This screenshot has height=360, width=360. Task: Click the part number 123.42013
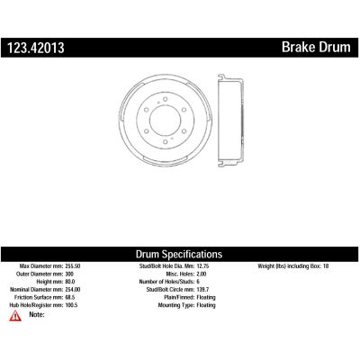[36, 48]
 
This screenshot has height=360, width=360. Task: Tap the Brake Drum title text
[316, 47]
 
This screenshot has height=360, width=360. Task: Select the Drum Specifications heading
[179, 254]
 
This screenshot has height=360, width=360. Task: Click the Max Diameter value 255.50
[73, 266]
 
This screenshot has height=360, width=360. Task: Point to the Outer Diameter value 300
[69, 274]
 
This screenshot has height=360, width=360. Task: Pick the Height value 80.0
[70, 282]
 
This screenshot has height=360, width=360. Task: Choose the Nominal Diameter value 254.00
[73, 290]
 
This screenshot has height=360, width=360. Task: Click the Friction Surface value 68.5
[70, 297]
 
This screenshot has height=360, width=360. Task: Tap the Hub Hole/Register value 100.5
[71, 305]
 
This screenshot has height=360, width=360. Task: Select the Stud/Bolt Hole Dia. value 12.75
[202, 266]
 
